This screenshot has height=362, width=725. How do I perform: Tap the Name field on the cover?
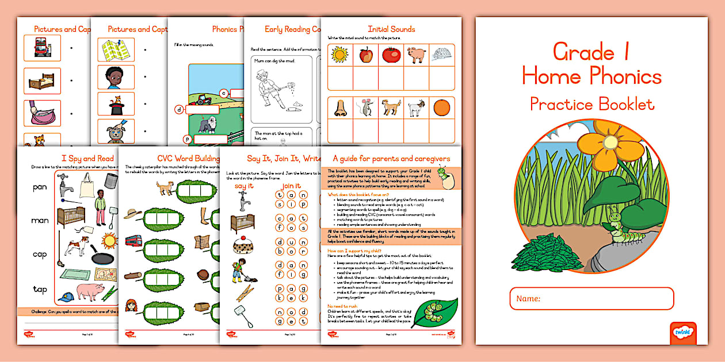pyautogui.click(x=592, y=299)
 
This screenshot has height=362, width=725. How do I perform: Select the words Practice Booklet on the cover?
pyautogui.click(x=592, y=105)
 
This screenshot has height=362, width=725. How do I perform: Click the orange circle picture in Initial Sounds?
pyautogui.click(x=441, y=108)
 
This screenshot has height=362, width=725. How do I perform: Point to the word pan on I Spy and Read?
pyautogui.click(x=40, y=187)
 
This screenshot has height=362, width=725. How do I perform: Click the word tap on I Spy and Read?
pyautogui.click(x=40, y=289)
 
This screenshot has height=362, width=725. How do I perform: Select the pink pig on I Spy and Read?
pyautogui.click(x=90, y=292)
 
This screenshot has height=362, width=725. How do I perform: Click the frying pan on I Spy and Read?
pyautogui.click(x=101, y=257)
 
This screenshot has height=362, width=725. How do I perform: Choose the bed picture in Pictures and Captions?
pyautogui.click(x=42, y=80)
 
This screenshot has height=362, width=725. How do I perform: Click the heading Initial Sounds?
pyautogui.click(x=391, y=29)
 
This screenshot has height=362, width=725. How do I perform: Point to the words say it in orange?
pyautogui.click(x=244, y=186)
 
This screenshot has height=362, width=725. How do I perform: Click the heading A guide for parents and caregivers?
pyautogui.click(x=391, y=159)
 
